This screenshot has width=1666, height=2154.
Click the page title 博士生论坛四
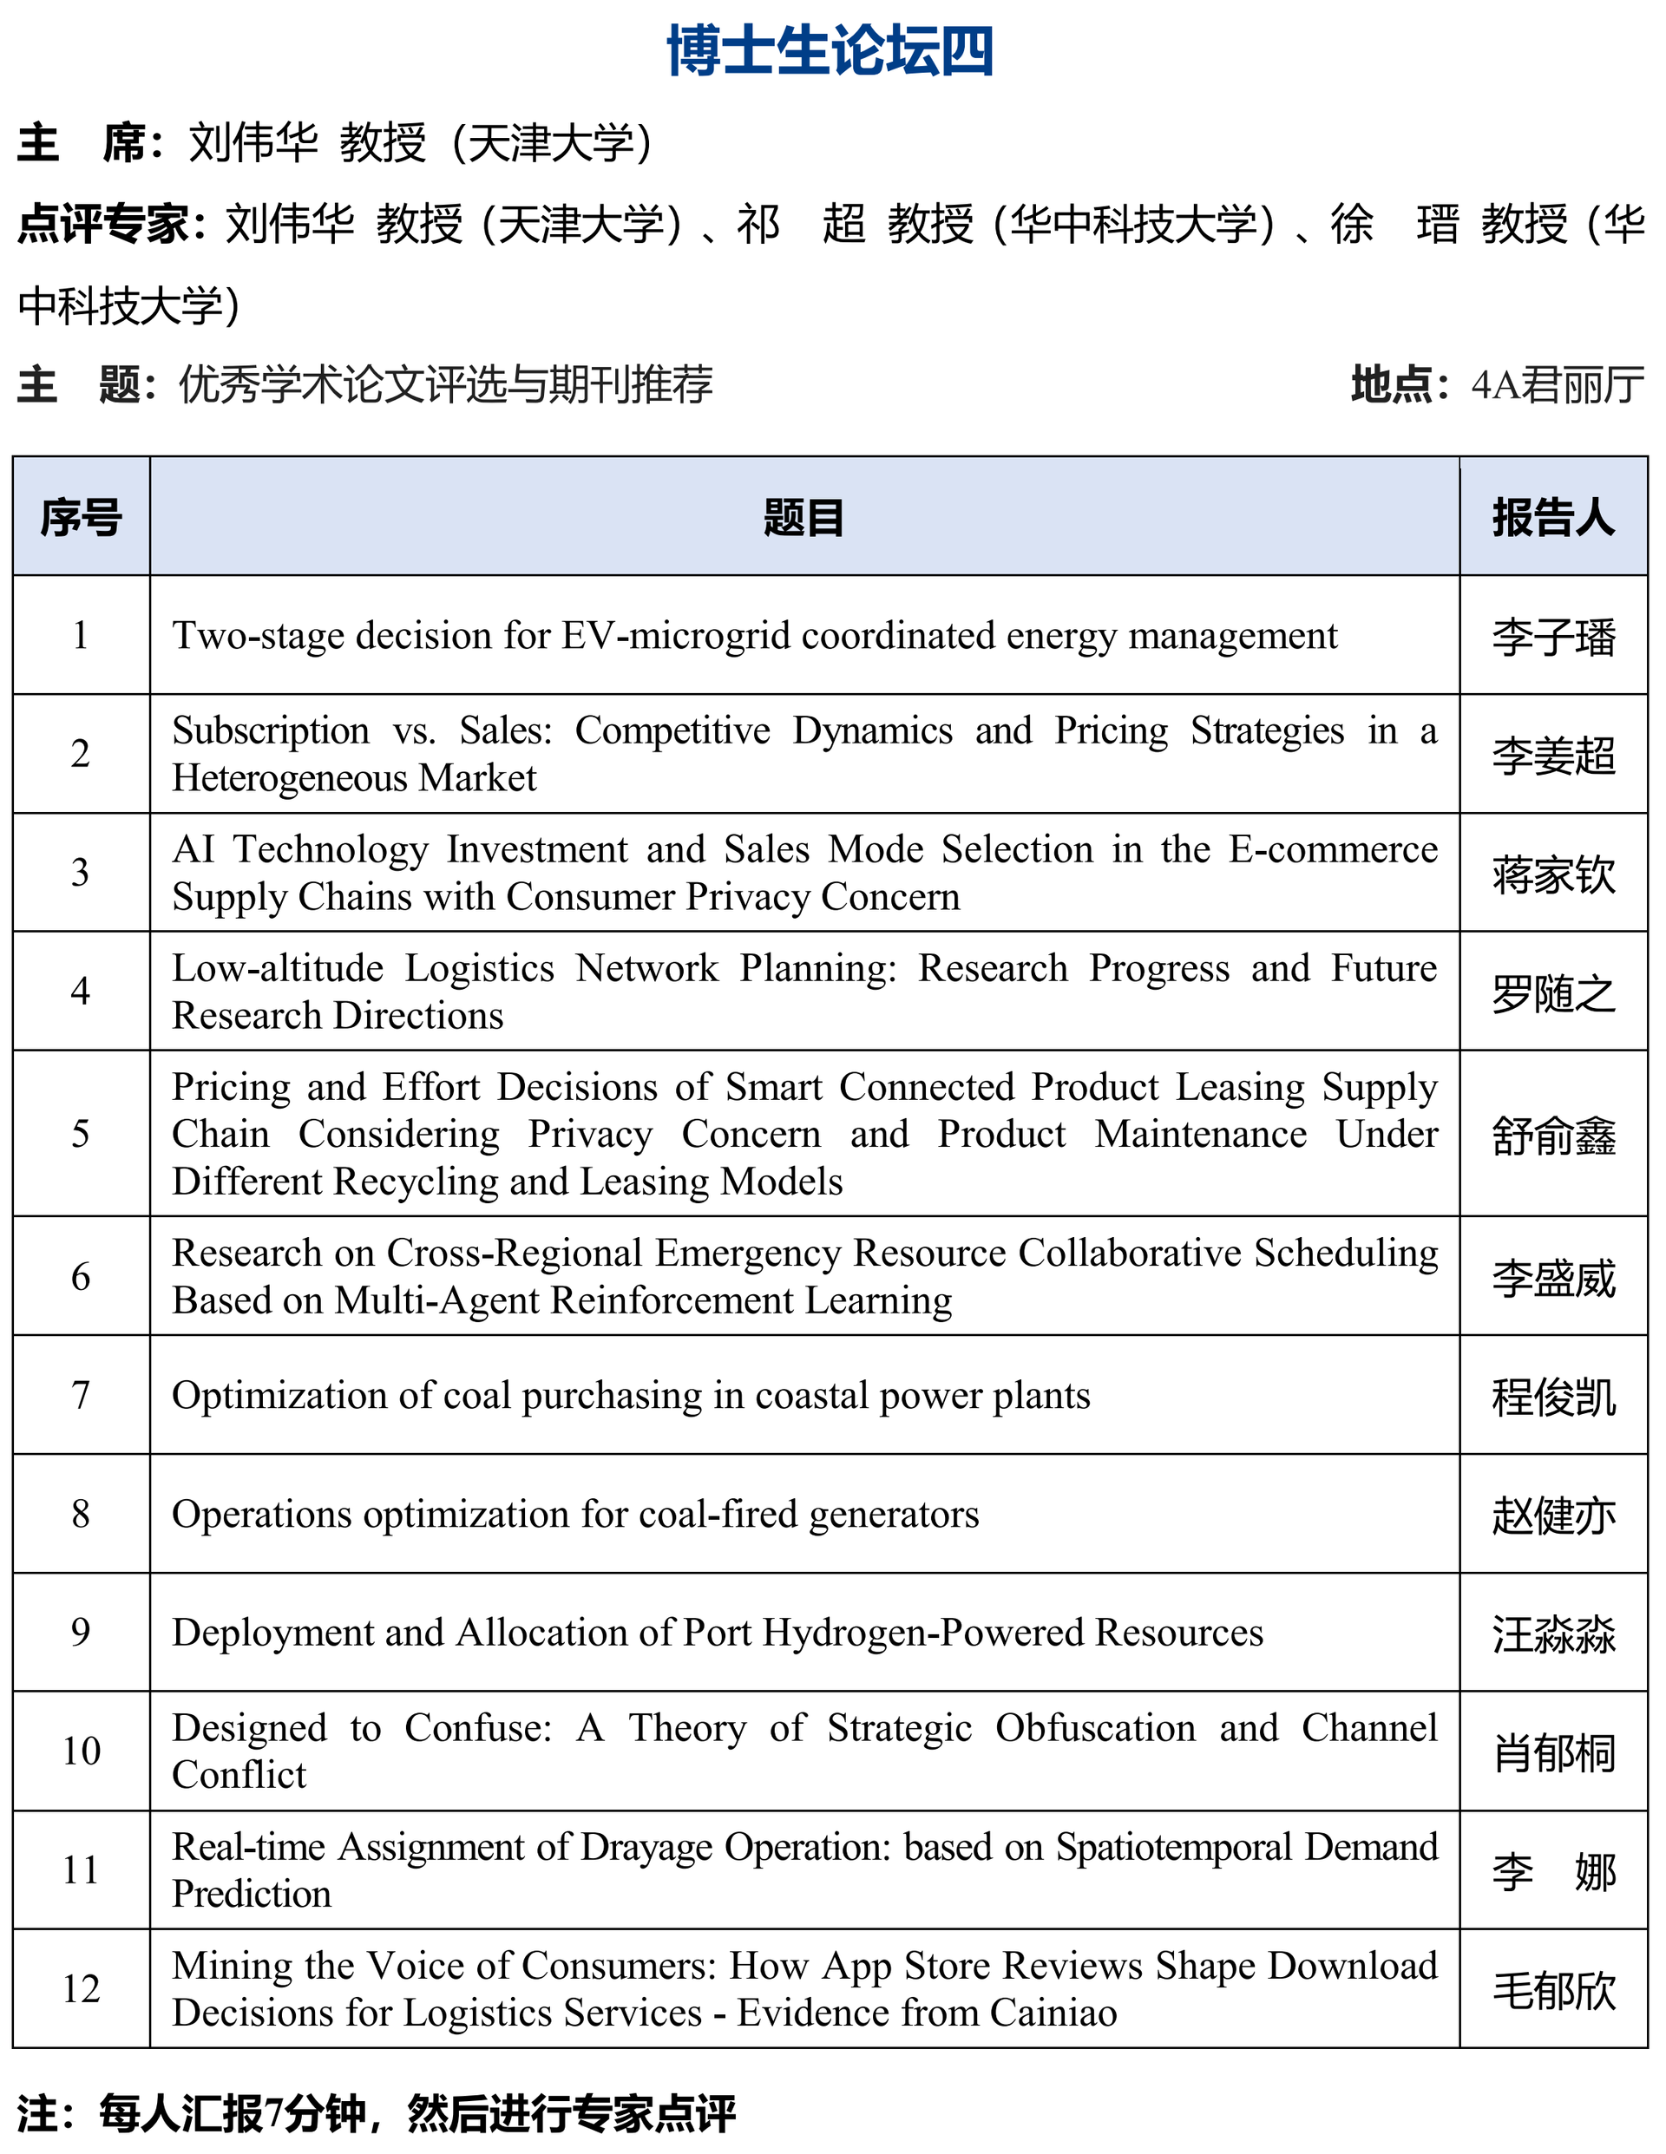click(x=830, y=51)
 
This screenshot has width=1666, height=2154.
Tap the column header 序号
click(x=81, y=518)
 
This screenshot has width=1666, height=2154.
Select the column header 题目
click(x=803, y=518)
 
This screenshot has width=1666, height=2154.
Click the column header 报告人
click(x=1552, y=518)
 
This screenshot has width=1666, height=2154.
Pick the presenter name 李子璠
click(x=1552, y=637)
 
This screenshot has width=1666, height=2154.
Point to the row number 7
click(x=81, y=1396)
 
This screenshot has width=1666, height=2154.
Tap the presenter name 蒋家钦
click(x=1552, y=874)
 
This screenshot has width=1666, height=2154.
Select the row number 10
click(x=81, y=1751)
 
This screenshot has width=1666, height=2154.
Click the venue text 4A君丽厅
click(x=1557, y=384)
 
